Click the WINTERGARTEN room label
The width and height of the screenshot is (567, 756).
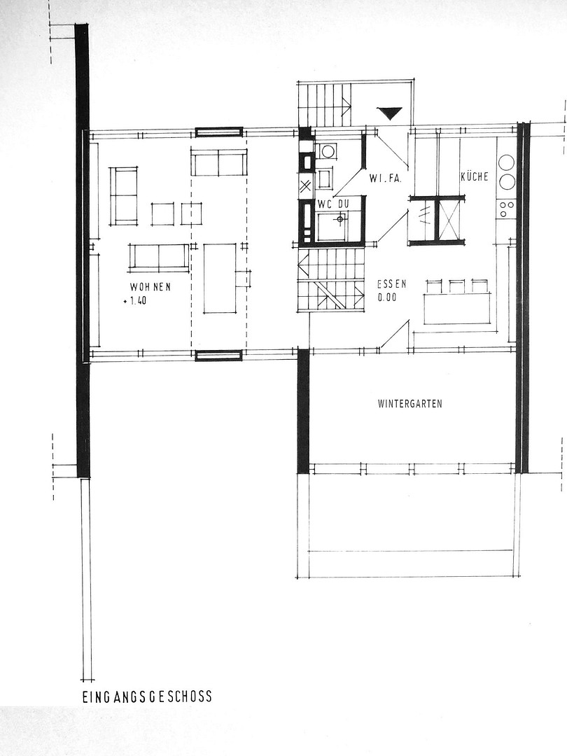click(409, 404)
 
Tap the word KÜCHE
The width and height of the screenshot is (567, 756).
click(475, 176)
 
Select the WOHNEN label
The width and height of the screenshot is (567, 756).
click(150, 288)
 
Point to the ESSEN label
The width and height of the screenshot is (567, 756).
click(391, 284)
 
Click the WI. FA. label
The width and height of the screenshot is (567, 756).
click(386, 179)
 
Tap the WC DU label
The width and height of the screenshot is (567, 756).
click(332, 204)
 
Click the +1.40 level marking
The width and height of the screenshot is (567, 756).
click(135, 302)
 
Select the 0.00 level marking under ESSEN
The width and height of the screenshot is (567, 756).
click(386, 297)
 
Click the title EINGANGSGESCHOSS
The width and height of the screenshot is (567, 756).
click(147, 696)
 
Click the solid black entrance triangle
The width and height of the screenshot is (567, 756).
click(390, 113)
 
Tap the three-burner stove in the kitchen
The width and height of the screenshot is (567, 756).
click(507, 209)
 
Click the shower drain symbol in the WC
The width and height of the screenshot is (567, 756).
click(340, 219)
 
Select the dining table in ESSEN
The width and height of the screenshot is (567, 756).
click(457, 309)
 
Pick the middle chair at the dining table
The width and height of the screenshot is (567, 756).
click(456, 286)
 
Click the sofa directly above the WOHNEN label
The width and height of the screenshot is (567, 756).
click(159, 256)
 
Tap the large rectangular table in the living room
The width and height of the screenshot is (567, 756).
click(220, 278)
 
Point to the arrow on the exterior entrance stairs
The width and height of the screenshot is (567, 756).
click(346, 104)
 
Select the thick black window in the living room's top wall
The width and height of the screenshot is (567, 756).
click(219, 132)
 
